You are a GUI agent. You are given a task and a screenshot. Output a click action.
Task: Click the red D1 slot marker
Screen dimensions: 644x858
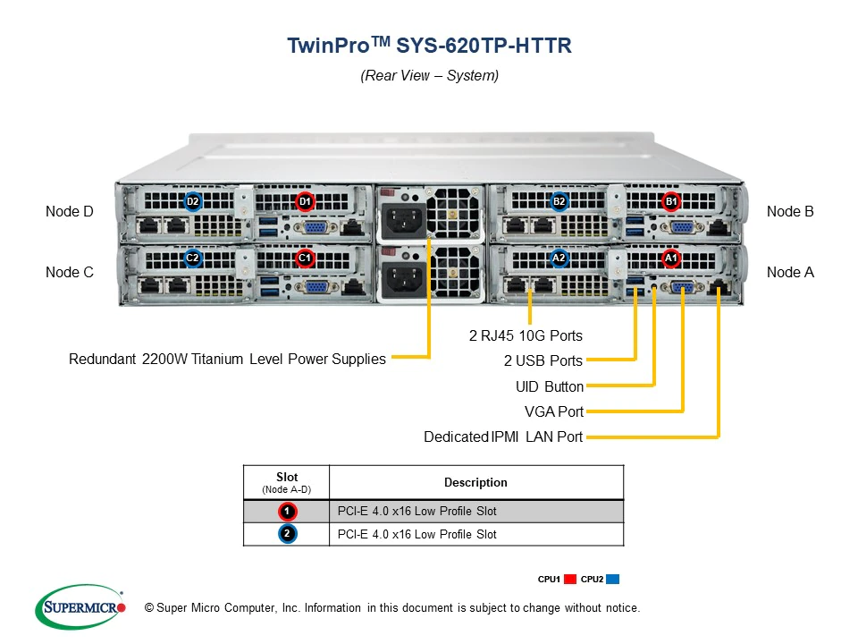point(305,201)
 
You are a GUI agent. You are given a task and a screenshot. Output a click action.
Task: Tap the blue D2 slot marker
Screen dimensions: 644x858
point(192,201)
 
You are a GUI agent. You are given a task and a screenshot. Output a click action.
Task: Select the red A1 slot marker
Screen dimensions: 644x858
point(671,258)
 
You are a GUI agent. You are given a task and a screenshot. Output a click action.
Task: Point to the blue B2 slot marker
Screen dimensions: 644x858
point(559,201)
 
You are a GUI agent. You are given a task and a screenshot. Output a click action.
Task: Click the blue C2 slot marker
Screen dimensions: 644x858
point(192,258)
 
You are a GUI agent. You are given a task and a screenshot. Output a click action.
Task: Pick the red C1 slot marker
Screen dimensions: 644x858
point(305,258)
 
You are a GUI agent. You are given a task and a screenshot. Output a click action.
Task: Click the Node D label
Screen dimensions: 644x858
point(69,212)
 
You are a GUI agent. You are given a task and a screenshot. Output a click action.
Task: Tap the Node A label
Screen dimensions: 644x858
point(790,272)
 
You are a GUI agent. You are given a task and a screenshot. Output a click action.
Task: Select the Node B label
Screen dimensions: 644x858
point(790,212)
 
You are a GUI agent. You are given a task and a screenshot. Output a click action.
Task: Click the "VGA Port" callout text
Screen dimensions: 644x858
point(553,411)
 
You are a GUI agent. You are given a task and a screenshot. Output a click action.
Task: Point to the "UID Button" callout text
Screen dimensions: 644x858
point(549,386)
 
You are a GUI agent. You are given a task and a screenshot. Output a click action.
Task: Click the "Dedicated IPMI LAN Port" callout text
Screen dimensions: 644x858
point(503,437)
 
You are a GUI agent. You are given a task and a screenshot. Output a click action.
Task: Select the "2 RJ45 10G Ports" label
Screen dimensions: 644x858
point(526,336)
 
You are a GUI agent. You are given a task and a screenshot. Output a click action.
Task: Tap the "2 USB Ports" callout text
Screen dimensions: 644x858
point(543,361)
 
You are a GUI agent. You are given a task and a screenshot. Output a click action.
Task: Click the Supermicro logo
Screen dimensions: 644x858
point(80,607)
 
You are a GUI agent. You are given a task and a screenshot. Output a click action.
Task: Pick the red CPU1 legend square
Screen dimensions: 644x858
point(571,580)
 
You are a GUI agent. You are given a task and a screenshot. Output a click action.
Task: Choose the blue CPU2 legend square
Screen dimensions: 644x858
point(612,580)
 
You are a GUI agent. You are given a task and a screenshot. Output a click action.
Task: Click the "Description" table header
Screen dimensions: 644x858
point(475,482)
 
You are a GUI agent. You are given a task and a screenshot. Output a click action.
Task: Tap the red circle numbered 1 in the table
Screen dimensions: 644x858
point(287,512)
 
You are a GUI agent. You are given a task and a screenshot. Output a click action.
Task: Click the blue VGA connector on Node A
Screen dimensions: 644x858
point(684,287)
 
